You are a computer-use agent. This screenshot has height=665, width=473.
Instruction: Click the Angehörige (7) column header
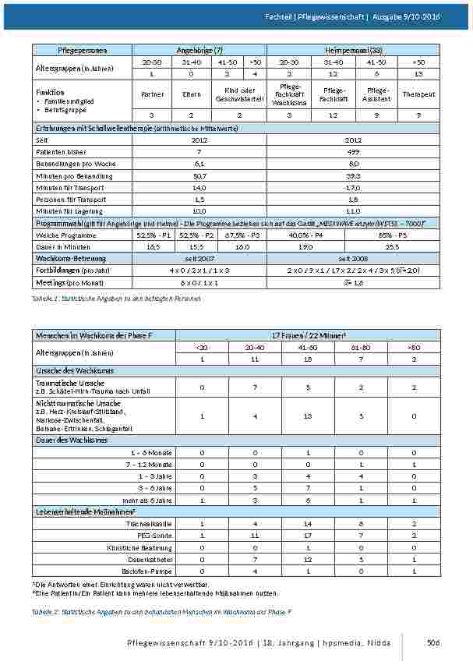[x=199, y=50]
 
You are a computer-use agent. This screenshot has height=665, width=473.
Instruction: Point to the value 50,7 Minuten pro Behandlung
[x=199, y=176]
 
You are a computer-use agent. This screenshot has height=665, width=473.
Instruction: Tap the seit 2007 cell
[x=199, y=258]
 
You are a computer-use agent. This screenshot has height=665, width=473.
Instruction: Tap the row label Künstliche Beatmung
[x=145, y=547]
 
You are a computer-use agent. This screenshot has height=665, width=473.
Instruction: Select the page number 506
[x=433, y=642]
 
